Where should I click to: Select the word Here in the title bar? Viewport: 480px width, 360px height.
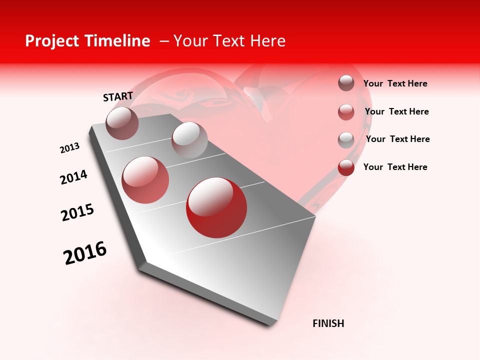[267, 41]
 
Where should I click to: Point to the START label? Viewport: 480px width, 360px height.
[118, 96]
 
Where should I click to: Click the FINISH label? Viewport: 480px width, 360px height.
[328, 323]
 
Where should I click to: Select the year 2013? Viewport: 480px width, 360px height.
[69, 148]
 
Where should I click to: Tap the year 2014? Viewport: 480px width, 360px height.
[73, 177]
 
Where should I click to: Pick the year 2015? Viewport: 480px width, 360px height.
[77, 212]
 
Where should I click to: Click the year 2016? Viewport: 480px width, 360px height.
[85, 253]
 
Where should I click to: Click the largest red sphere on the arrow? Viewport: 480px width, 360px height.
[216, 207]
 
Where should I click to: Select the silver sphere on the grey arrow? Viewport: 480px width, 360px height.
[189, 140]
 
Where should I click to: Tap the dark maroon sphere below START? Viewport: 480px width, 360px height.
[122, 123]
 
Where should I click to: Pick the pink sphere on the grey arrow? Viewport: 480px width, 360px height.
[145, 180]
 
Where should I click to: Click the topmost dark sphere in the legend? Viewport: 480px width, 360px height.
[346, 83]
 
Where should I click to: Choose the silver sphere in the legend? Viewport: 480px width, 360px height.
[346, 140]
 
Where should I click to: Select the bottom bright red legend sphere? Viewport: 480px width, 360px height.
[346, 167]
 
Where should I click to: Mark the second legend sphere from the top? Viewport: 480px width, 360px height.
[346, 112]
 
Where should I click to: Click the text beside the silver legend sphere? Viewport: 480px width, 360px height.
[397, 139]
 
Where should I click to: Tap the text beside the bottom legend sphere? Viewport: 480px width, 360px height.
[395, 167]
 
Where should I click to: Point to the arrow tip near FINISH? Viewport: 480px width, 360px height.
[272, 322]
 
